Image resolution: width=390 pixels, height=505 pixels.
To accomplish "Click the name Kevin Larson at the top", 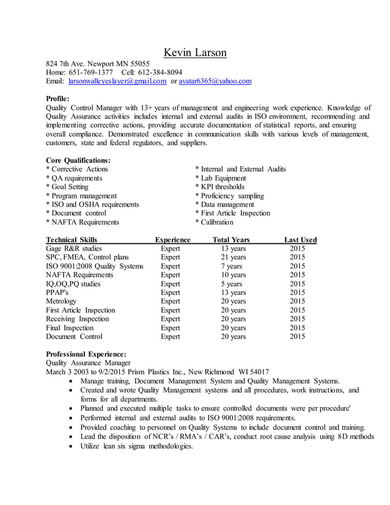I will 195,53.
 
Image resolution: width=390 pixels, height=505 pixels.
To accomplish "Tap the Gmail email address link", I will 117,81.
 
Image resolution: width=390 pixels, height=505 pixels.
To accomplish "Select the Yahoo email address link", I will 215,81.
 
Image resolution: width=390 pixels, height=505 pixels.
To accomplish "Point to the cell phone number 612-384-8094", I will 157,72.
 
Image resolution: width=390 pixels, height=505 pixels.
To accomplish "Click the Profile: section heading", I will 58,98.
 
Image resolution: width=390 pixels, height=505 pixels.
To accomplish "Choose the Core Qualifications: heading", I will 78,160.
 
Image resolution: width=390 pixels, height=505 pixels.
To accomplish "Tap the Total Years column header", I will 230,240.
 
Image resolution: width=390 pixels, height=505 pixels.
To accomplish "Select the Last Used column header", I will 300,240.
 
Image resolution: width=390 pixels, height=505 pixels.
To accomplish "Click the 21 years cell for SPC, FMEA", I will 233,257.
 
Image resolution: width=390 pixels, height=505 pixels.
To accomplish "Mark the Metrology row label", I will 61,301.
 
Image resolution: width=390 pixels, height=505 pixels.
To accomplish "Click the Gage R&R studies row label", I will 74,249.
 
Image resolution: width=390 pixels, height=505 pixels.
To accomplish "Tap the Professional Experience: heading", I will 86,354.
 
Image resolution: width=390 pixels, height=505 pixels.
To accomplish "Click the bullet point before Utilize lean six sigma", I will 74,446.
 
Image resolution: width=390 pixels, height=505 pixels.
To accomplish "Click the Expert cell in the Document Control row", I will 170,337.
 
